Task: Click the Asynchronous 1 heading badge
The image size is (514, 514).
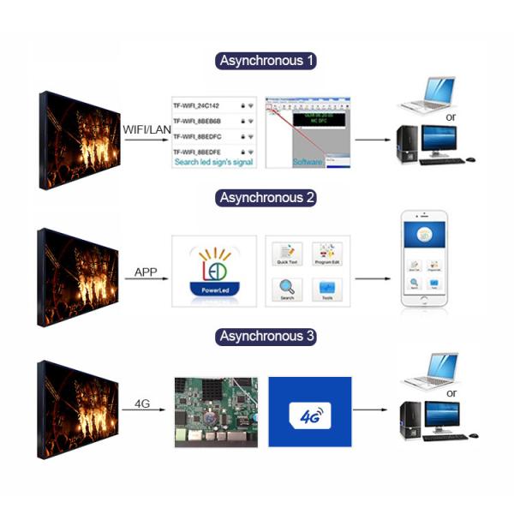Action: pos(266,61)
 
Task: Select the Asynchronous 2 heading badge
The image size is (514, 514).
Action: pos(266,198)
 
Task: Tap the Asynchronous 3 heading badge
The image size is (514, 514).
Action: pos(266,337)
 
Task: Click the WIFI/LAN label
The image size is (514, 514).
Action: pos(147,129)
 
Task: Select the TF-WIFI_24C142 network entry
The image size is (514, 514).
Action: pos(199,106)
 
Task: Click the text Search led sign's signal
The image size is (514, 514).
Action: pos(212,162)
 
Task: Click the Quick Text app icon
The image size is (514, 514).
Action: pos(288,255)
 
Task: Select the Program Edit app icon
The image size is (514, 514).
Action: pos(326,255)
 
